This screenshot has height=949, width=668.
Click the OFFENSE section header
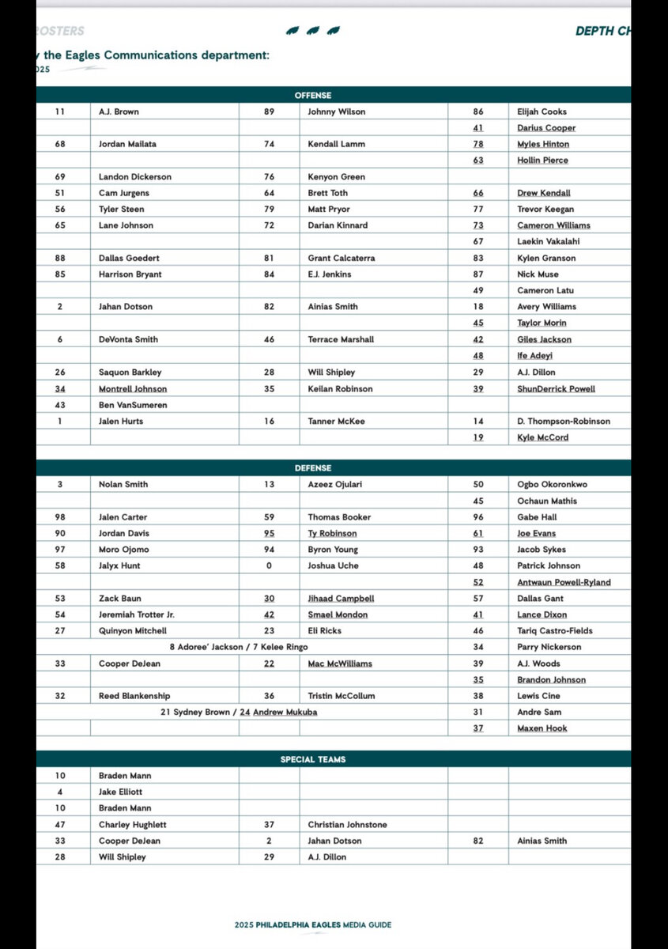(x=313, y=95)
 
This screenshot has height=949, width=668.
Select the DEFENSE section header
(x=313, y=468)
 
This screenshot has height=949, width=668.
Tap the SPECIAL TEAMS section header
(x=313, y=759)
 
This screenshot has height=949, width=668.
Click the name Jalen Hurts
(x=120, y=422)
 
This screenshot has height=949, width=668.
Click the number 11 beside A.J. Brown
(x=60, y=112)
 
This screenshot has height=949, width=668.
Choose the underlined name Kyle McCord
(x=542, y=437)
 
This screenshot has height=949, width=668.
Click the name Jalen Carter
(x=123, y=517)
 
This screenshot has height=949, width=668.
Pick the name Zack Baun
(x=119, y=599)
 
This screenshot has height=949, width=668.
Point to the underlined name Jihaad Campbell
(x=340, y=599)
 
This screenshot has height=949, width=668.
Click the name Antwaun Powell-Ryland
(x=564, y=582)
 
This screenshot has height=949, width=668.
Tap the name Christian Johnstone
(x=348, y=825)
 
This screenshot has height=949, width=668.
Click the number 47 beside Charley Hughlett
(x=60, y=825)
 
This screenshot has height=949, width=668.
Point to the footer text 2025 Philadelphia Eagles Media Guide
(x=313, y=924)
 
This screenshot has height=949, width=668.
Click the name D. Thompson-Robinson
(x=564, y=422)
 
